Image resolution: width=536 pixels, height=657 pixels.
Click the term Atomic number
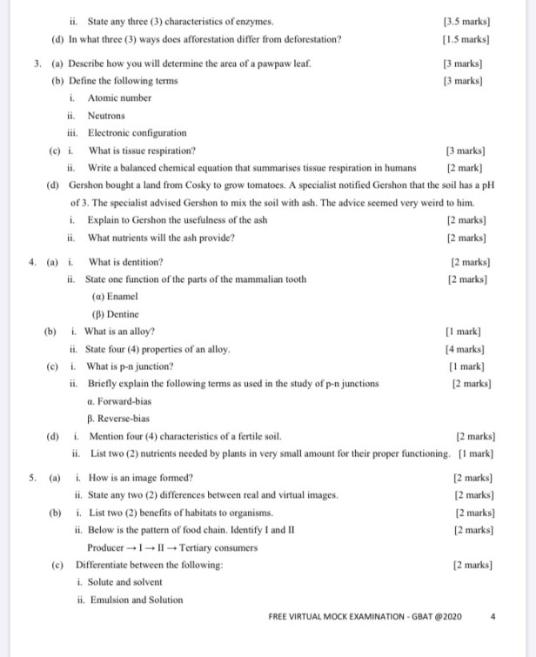pos(120,97)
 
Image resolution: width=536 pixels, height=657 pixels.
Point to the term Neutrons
pos(107,115)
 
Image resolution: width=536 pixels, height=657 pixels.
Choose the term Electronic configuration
pos(137,132)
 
